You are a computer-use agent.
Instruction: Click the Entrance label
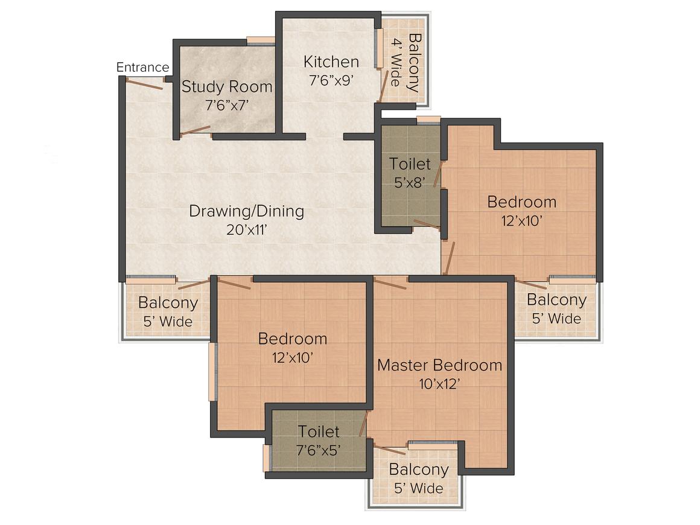pos(142,67)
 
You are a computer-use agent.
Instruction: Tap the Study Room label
pos(227,86)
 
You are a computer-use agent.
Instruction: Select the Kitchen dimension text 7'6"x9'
pos(330,81)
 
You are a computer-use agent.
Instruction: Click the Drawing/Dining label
pos(246,211)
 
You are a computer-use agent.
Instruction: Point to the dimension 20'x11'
pos(246,230)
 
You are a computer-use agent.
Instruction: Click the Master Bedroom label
pos(439,365)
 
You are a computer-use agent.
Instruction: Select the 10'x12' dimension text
pos(439,384)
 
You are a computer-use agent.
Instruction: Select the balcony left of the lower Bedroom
pos(167,311)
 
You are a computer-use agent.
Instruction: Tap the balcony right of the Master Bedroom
pos(556,308)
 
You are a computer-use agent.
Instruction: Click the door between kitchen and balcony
pos(383,84)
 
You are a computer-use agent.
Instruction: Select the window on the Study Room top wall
pos(261,41)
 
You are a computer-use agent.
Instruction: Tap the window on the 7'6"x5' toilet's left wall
pos(266,458)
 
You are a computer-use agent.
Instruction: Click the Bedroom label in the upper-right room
pos(521,202)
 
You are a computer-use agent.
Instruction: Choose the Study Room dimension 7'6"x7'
pos(227,105)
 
